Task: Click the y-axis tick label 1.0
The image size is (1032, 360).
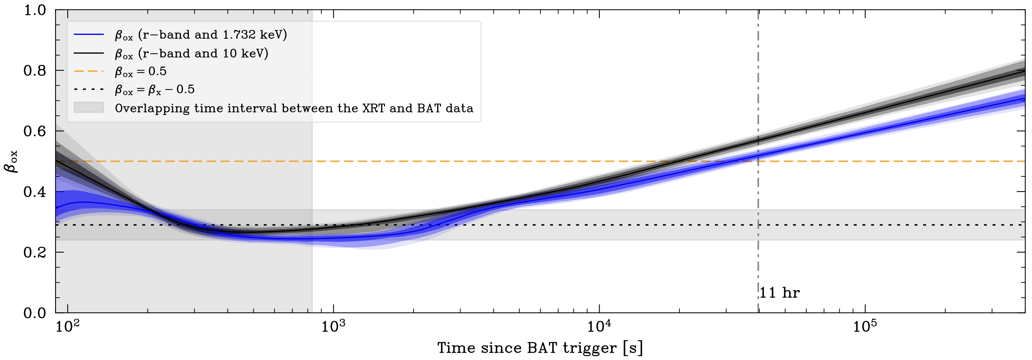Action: point(35,10)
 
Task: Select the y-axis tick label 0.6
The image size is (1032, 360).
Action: point(35,131)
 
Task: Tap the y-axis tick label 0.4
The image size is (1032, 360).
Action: point(35,192)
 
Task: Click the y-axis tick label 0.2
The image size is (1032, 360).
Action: point(35,252)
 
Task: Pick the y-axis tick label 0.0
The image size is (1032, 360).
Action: point(35,313)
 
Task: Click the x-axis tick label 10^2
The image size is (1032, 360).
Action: point(67,326)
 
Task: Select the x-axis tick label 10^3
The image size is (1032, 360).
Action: point(333,326)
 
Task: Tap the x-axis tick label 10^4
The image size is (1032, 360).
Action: point(599,326)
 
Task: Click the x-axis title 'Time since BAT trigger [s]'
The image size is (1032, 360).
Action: point(540,347)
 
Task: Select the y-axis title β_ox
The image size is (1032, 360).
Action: point(11,162)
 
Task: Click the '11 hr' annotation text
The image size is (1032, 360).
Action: point(779,293)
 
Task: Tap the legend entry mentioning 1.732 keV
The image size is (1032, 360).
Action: point(201,35)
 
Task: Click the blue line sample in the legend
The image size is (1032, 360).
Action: point(88,35)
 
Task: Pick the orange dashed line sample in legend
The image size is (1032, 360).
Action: point(88,72)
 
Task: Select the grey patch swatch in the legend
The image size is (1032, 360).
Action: point(88,108)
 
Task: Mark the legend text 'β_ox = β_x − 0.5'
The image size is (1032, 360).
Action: point(155,90)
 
